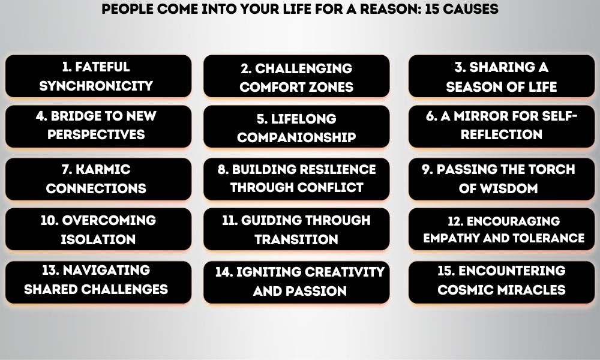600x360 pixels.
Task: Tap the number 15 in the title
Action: [432, 9]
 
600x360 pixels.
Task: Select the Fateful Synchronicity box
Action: [98, 76]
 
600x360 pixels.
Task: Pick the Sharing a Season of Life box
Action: [502, 76]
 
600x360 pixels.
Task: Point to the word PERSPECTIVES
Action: [96, 134]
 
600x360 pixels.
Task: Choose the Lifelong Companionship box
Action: [296, 127]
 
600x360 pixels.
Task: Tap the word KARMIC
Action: [103, 169]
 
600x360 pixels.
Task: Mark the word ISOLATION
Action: [98, 239]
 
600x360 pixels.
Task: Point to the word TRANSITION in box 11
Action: [296, 239]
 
